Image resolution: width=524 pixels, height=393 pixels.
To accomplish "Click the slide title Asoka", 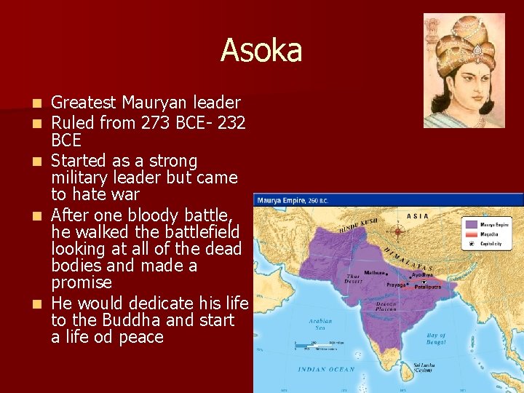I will (261, 50).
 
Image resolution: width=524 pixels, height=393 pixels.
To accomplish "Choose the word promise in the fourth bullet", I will (82, 282).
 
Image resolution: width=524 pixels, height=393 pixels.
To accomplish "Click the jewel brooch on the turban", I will (477, 50).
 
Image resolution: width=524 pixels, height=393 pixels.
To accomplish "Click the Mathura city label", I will (375, 274).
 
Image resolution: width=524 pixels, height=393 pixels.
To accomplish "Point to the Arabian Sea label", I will (320, 324).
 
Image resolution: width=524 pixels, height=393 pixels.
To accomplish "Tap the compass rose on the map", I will (398, 232).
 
